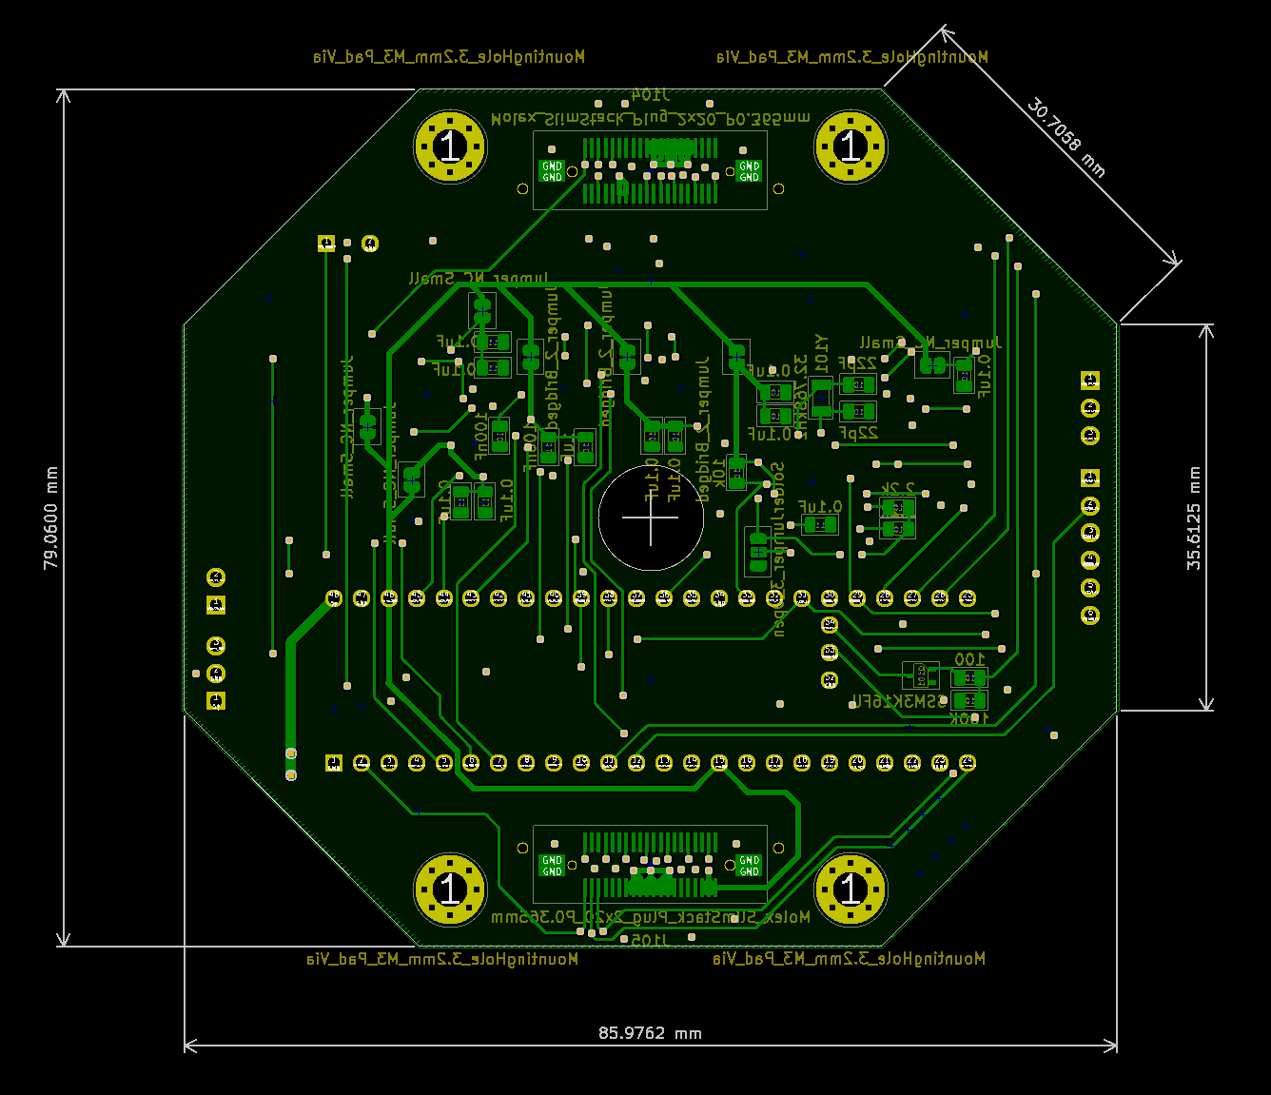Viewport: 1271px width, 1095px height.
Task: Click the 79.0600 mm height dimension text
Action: (51, 518)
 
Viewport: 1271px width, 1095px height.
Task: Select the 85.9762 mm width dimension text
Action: (650, 1033)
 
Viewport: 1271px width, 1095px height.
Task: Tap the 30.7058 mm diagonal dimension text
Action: (1066, 138)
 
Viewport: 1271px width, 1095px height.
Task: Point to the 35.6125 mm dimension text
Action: (1194, 518)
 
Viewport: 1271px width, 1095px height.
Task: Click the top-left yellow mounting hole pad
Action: (450, 147)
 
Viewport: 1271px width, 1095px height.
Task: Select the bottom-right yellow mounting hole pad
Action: (851, 890)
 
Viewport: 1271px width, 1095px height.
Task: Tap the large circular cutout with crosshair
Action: (651, 518)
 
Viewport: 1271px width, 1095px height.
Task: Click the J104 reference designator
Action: (651, 95)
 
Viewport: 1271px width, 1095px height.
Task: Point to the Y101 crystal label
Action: (821, 353)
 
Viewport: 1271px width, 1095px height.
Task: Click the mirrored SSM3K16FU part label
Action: (899, 701)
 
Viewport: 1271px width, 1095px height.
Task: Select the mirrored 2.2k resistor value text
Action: (896, 488)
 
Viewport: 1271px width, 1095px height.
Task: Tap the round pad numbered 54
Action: (830, 625)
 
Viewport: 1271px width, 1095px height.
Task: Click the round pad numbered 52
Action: (830, 679)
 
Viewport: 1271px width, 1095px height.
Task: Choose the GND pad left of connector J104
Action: (552, 171)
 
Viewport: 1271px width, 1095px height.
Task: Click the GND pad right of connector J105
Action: (750, 866)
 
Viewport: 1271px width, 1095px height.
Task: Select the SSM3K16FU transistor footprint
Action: (920, 675)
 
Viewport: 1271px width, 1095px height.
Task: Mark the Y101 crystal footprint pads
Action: (820, 398)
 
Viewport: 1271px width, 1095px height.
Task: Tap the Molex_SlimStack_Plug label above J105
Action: (651, 917)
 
